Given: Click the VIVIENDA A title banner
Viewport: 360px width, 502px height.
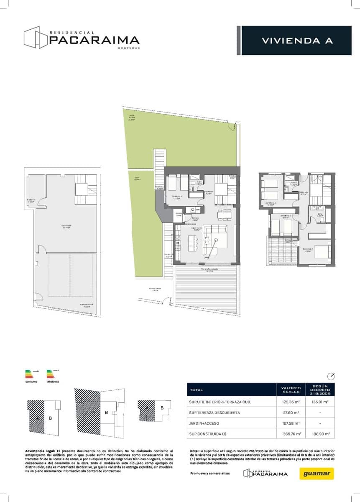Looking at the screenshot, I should point(297,41).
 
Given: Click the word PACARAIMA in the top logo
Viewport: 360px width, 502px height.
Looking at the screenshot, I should point(94,40).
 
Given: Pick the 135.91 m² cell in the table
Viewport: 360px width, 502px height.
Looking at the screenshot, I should point(321,402).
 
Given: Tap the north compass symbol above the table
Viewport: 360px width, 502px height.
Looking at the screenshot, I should point(331,375).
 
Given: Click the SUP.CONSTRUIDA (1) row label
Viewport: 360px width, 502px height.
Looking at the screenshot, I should point(208,434).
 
